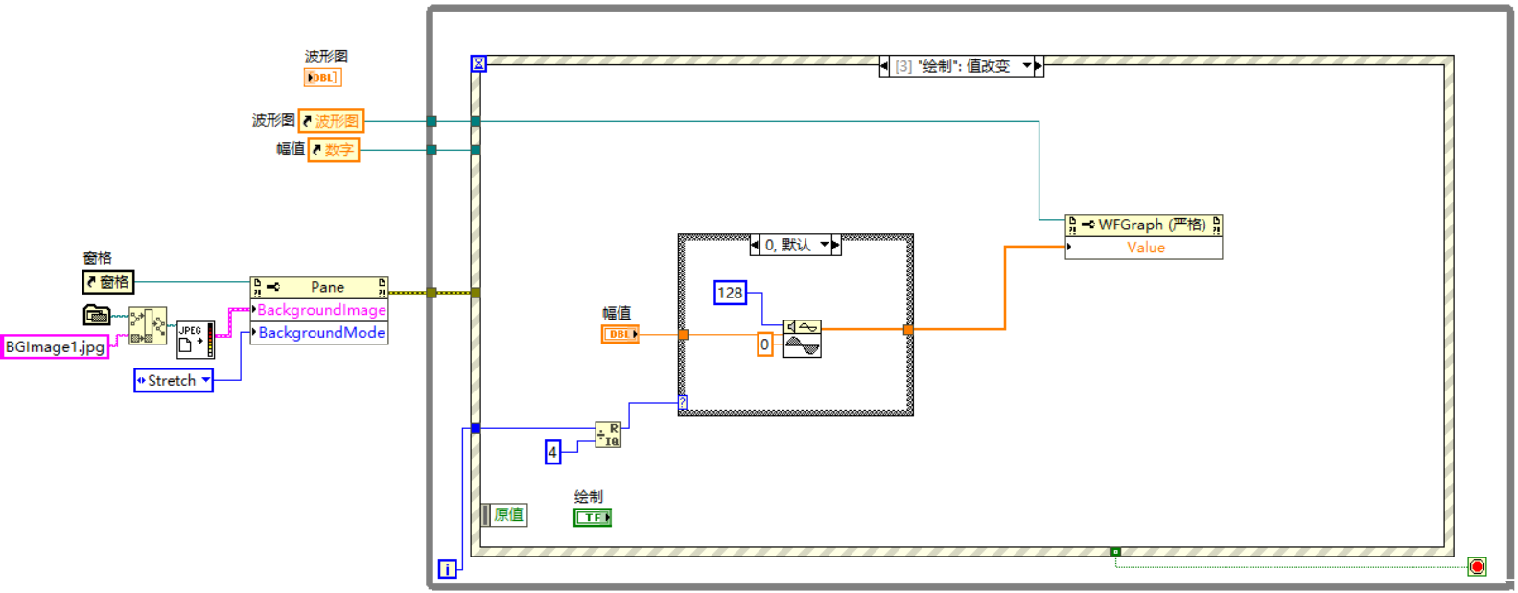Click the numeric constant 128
click(x=730, y=293)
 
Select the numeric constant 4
click(x=552, y=452)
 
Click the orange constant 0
click(x=764, y=344)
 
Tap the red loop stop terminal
click(x=1477, y=567)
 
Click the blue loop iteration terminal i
click(x=447, y=569)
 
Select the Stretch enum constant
click(x=173, y=381)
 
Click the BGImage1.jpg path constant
click(x=55, y=346)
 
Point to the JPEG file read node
click(x=196, y=340)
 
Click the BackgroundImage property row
click(x=320, y=310)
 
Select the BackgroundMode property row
click(x=320, y=333)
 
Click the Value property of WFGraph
click(x=1144, y=248)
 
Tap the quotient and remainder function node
click(x=608, y=436)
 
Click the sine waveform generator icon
click(x=802, y=339)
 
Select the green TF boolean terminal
click(x=592, y=517)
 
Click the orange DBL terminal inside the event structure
click(x=619, y=334)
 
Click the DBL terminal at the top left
click(x=322, y=78)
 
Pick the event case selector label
click(x=960, y=66)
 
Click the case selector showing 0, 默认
click(x=795, y=245)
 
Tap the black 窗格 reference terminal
click(x=107, y=282)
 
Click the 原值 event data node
click(x=505, y=515)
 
